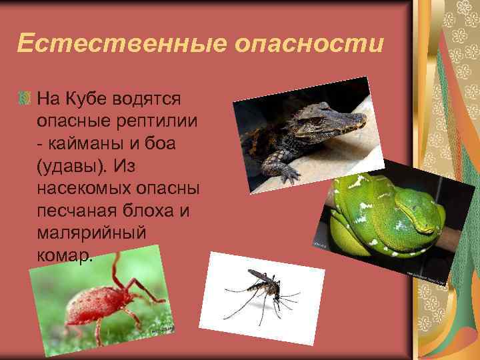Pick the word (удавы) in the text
point(70,165)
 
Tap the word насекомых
point(93,187)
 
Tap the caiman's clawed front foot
point(288,173)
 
